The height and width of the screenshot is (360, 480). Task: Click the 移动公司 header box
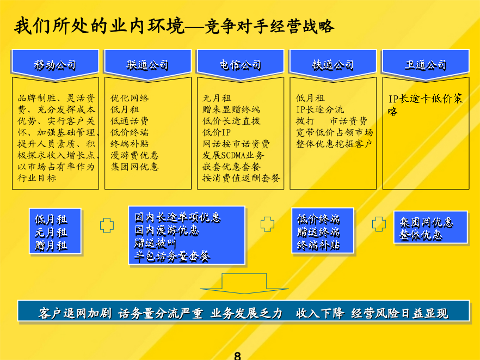coord(55,65)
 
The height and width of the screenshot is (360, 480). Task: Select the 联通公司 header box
coord(148,65)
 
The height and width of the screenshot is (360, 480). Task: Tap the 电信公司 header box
coord(241,65)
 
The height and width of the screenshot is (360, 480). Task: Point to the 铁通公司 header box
coord(333,65)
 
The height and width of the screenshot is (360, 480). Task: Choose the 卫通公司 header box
coord(426,65)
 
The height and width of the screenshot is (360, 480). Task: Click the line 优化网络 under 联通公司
coord(130,98)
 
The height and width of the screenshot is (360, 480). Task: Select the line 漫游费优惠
coord(134,155)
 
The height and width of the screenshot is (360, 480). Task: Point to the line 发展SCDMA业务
coord(233,155)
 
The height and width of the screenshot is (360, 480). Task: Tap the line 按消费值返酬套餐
coord(241,178)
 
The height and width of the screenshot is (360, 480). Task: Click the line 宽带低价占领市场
coord(334,132)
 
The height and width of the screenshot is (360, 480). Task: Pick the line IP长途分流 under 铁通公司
coord(320,109)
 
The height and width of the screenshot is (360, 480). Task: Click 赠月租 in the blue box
coord(51,246)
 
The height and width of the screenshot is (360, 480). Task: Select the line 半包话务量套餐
coord(172,256)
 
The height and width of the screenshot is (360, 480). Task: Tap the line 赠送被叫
coord(155,243)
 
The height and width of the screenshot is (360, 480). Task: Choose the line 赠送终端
coord(318,232)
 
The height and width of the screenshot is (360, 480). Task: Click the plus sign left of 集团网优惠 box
coord(379,224)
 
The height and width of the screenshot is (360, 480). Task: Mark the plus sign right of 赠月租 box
coord(107,225)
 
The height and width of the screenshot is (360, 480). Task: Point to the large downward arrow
coord(244,283)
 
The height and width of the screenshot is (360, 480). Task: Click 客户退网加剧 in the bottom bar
coord(75,313)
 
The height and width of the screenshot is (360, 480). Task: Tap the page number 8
coord(237,356)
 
